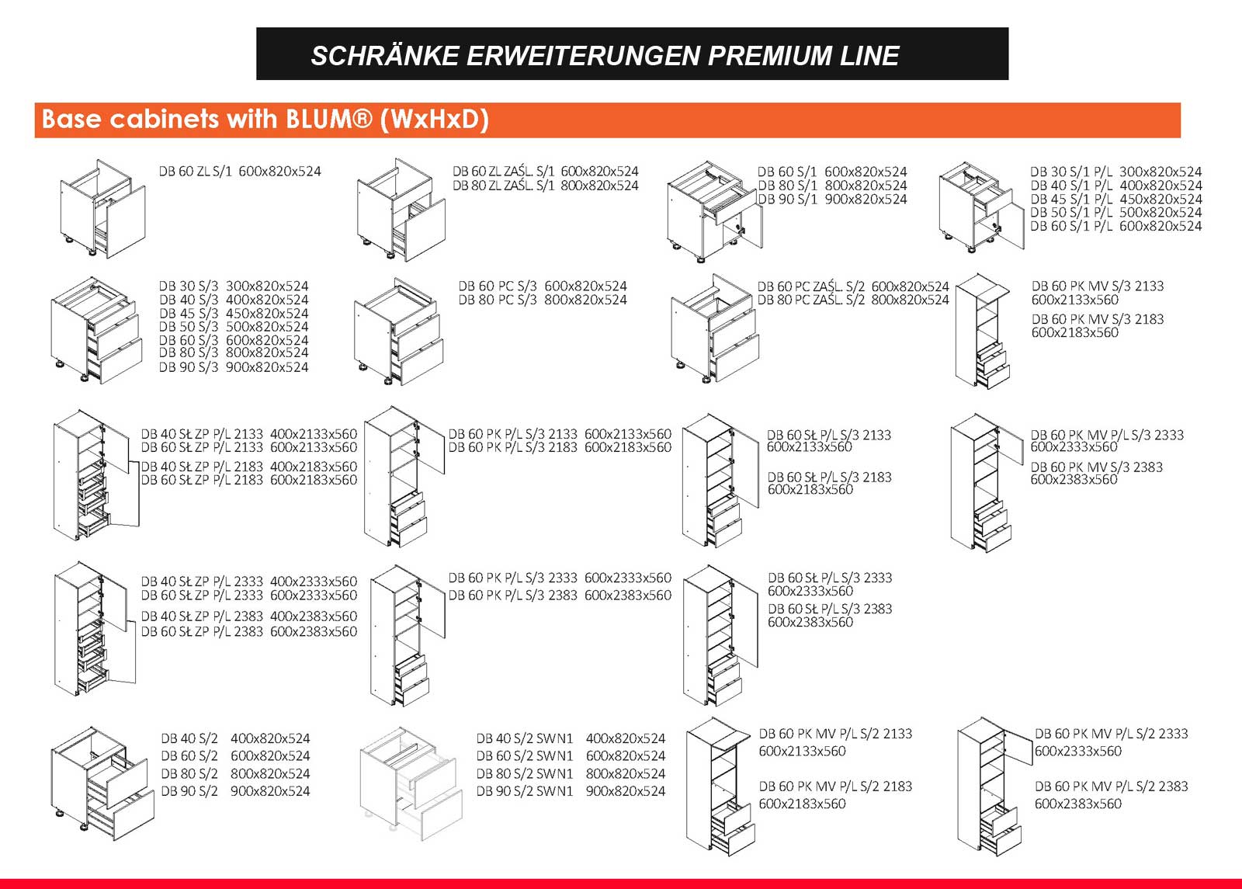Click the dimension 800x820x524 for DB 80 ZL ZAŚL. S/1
(x=599, y=186)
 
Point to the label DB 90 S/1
(x=787, y=199)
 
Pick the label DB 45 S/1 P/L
(x=1071, y=199)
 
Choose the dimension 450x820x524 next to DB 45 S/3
(x=267, y=314)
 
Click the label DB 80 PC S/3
(x=498, y=300)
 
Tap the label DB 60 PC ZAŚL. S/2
(x=811, y=286)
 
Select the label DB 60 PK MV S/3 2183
(x=1098, y=319)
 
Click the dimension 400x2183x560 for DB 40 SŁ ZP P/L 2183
(x=314, y=467)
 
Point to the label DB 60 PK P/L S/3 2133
(x=512, y=434)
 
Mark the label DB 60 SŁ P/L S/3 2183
(x=830, y=477)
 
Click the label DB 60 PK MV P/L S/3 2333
(x=1107, y=435)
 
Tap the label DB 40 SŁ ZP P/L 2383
(x=202, y=616)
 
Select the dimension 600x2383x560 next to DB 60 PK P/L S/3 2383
(x=628, y=595)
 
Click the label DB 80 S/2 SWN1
(x=524, y=773)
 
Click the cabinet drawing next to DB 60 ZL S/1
(x=103, y=209)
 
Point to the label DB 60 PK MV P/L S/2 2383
(x=1111, y=787)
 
